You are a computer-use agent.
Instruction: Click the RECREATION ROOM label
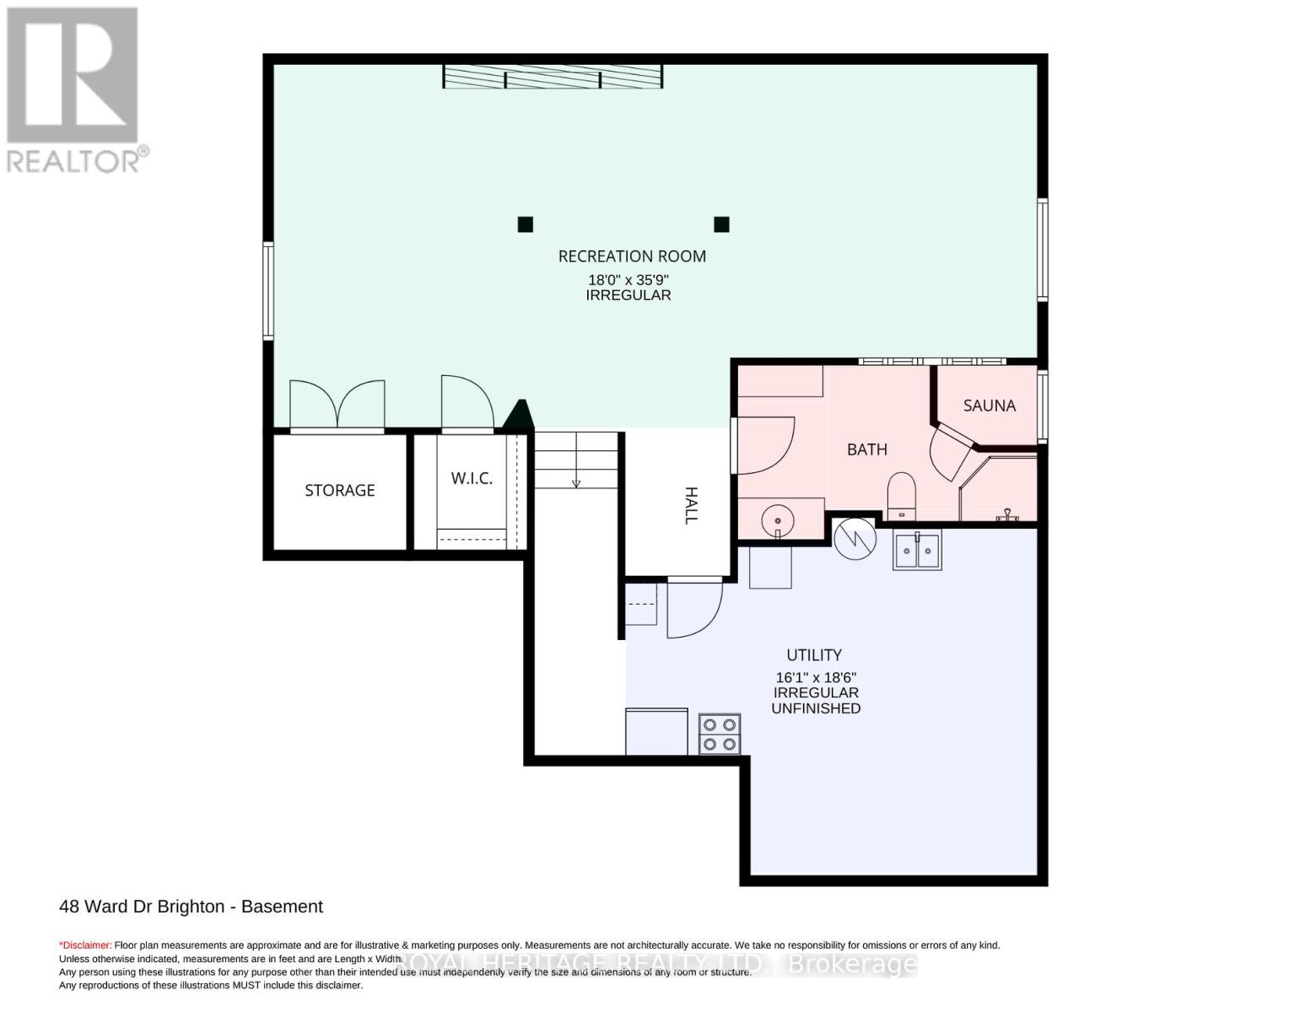click(x=632, y=256)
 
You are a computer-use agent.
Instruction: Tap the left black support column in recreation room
click(x=525, y=224)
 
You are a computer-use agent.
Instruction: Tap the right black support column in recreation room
click(x=721, y=224)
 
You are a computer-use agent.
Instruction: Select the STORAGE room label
click(x=339, y=490)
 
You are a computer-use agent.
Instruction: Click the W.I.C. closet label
click(x=471, y=478)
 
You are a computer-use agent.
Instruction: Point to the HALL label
click(x=691, y=505)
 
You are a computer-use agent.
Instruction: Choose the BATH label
click(x=866, y=449)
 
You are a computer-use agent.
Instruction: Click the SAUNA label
click(x=989, y=406)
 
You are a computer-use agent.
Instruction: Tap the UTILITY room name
click(x=814, y=654)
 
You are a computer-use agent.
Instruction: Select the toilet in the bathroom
click(x=901, y=495)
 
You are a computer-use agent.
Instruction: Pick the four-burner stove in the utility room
click(x=720, y=733)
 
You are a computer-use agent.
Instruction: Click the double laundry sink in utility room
click(x=917, y=551)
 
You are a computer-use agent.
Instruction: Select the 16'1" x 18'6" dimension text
click(x=816, y=677)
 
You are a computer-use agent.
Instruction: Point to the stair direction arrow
click(x=576, y=482)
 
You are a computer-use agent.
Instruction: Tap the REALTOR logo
click(x=73, y=89)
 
